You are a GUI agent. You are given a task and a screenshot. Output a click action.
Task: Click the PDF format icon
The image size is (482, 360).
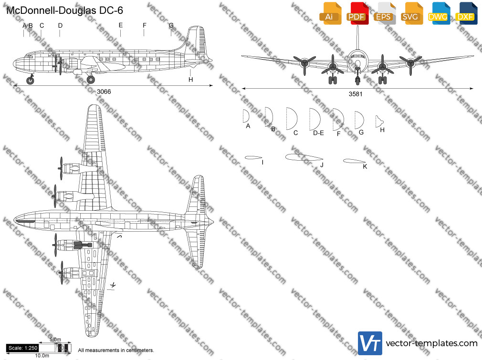pos(357,13)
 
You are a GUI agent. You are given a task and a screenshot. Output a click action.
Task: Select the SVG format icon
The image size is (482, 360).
pos(411,13)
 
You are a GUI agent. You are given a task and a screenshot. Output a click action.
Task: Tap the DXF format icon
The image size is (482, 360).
pos(466,13)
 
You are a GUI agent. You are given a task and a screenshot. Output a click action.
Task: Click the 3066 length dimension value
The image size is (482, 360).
pos(104,92)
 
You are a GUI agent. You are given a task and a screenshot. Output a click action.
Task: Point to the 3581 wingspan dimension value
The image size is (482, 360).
pos(356,94)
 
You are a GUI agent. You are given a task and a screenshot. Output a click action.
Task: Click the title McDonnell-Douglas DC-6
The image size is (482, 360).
pos(64,10)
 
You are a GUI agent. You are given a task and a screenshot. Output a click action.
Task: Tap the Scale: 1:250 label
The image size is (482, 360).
pos(23,348)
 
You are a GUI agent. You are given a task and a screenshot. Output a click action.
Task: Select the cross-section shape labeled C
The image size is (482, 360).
pos(292,119)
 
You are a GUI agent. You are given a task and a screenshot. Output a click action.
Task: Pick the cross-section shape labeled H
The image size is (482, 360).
pos(379,122)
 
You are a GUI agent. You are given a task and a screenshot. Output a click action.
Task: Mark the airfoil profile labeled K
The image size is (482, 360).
pos(354,161)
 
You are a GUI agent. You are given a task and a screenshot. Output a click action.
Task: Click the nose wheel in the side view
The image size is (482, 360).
pos(30,81)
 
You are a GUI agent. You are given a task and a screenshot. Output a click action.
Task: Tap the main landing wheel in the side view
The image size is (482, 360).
pos(91,80)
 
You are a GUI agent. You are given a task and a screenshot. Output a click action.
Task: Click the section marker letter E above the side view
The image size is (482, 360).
pos(121,25)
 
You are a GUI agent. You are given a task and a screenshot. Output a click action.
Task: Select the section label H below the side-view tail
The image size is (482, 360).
pos(190,80)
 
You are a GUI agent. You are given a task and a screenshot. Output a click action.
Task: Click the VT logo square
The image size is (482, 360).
pos(370,343)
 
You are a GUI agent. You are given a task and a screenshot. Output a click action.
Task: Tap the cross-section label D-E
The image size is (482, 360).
pos(318,133)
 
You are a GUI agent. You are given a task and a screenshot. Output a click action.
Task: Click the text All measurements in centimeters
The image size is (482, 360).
pos(116,350)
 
